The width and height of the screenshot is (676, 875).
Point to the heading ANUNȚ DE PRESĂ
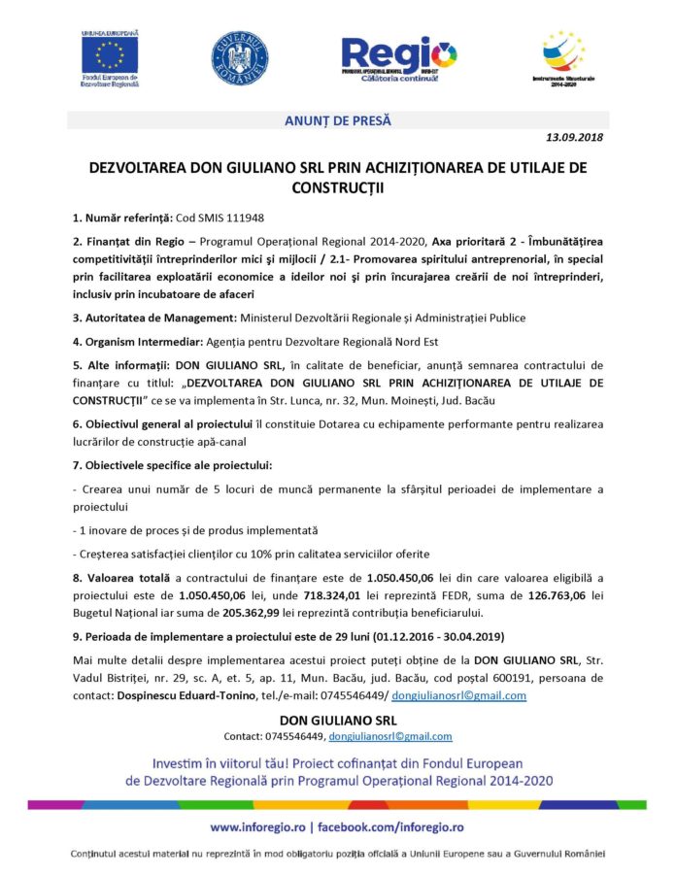tap(337, 120)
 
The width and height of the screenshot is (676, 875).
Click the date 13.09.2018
tap(574, 138)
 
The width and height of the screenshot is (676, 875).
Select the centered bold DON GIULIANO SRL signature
tap(337, 721)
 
